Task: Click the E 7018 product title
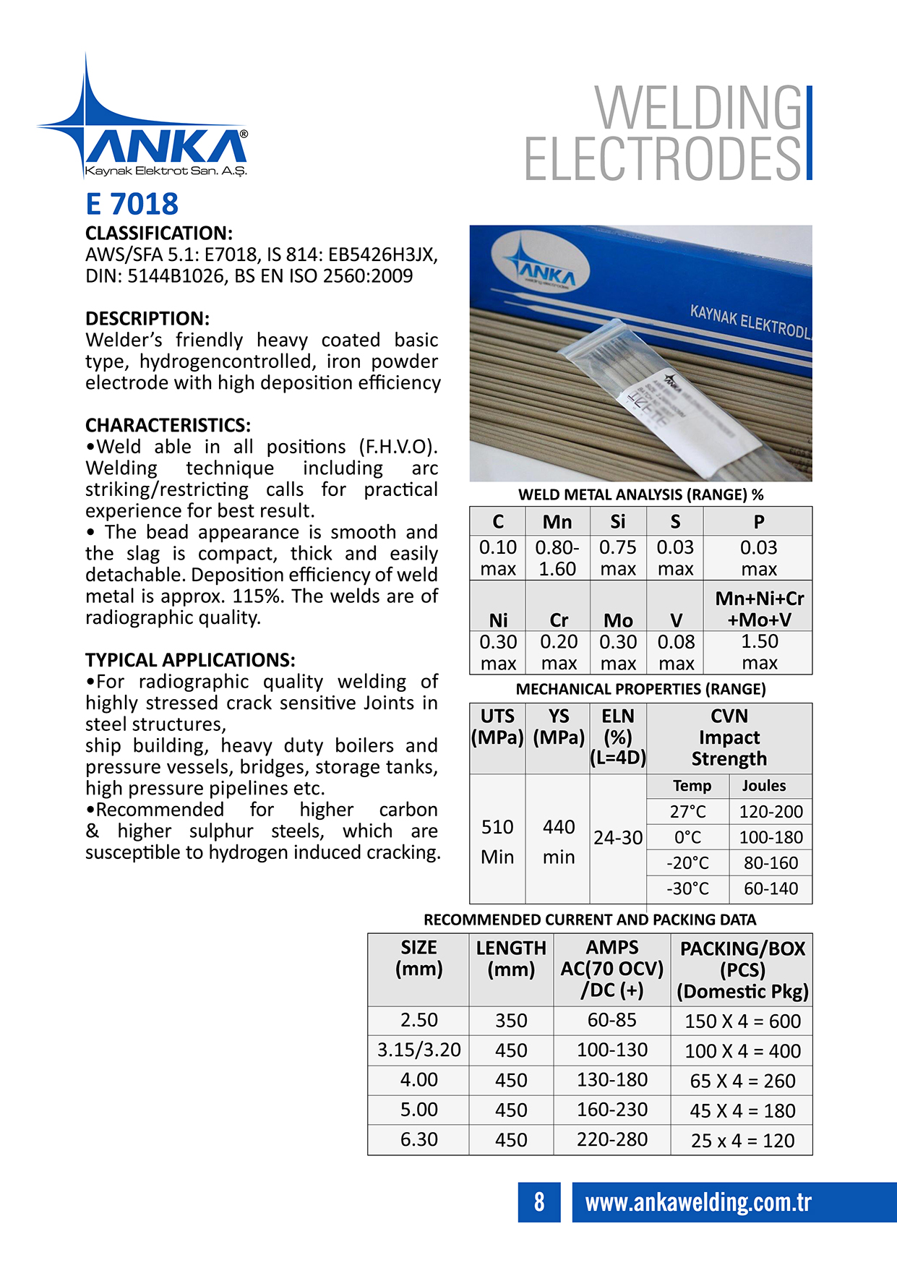pos(132,204)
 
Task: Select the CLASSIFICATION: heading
pos(159,234)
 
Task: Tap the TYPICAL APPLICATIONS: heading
pos(190,660)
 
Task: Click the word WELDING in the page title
pos(698,108)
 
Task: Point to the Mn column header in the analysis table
pos(557,522)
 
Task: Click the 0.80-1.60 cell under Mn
pos(557,558)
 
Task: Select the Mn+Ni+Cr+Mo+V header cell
pos(758,609)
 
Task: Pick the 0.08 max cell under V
pos(676,652)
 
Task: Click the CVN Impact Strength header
pos(729,737)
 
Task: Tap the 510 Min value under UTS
pos(497,841)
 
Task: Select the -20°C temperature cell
pos(687,863)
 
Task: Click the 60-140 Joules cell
pos(771,888)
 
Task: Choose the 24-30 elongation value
pos(618,838)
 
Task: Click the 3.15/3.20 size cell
pos(419,1050)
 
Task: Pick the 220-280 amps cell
pos(611,1139)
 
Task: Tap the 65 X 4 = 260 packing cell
pos(742,1081)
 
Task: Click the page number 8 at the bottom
pos(539,1201)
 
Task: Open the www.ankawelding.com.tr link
pos(698,1202)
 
